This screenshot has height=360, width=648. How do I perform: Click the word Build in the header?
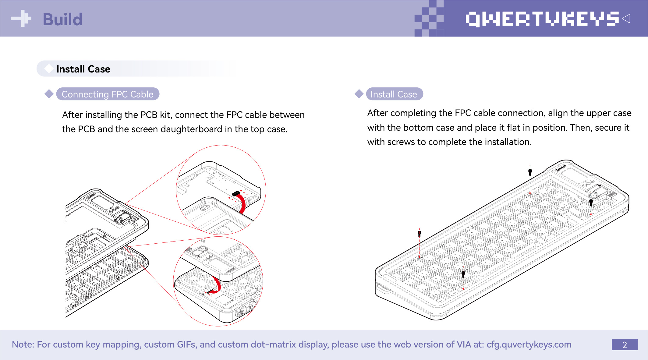63,19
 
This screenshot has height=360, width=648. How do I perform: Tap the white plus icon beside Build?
21,19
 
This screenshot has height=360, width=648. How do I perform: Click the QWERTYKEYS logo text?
542,19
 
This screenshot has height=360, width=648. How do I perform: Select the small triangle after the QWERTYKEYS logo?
626,19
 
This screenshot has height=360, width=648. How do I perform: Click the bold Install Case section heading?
83,69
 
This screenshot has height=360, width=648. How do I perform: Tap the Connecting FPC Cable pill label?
108,94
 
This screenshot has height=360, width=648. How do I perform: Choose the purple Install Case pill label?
394,94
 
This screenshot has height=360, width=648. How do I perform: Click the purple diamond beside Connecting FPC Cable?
49,94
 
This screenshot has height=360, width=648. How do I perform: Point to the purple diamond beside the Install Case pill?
359,94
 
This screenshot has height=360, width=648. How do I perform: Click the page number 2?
625,345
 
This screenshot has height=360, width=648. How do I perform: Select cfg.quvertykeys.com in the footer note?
529,344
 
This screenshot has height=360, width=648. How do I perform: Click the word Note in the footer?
23,344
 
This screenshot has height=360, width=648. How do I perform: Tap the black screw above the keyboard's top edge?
530,172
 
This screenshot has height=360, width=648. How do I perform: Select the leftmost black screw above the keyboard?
420,234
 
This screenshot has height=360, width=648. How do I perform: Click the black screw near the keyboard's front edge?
463,274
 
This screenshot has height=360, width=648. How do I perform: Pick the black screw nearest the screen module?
591,202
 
